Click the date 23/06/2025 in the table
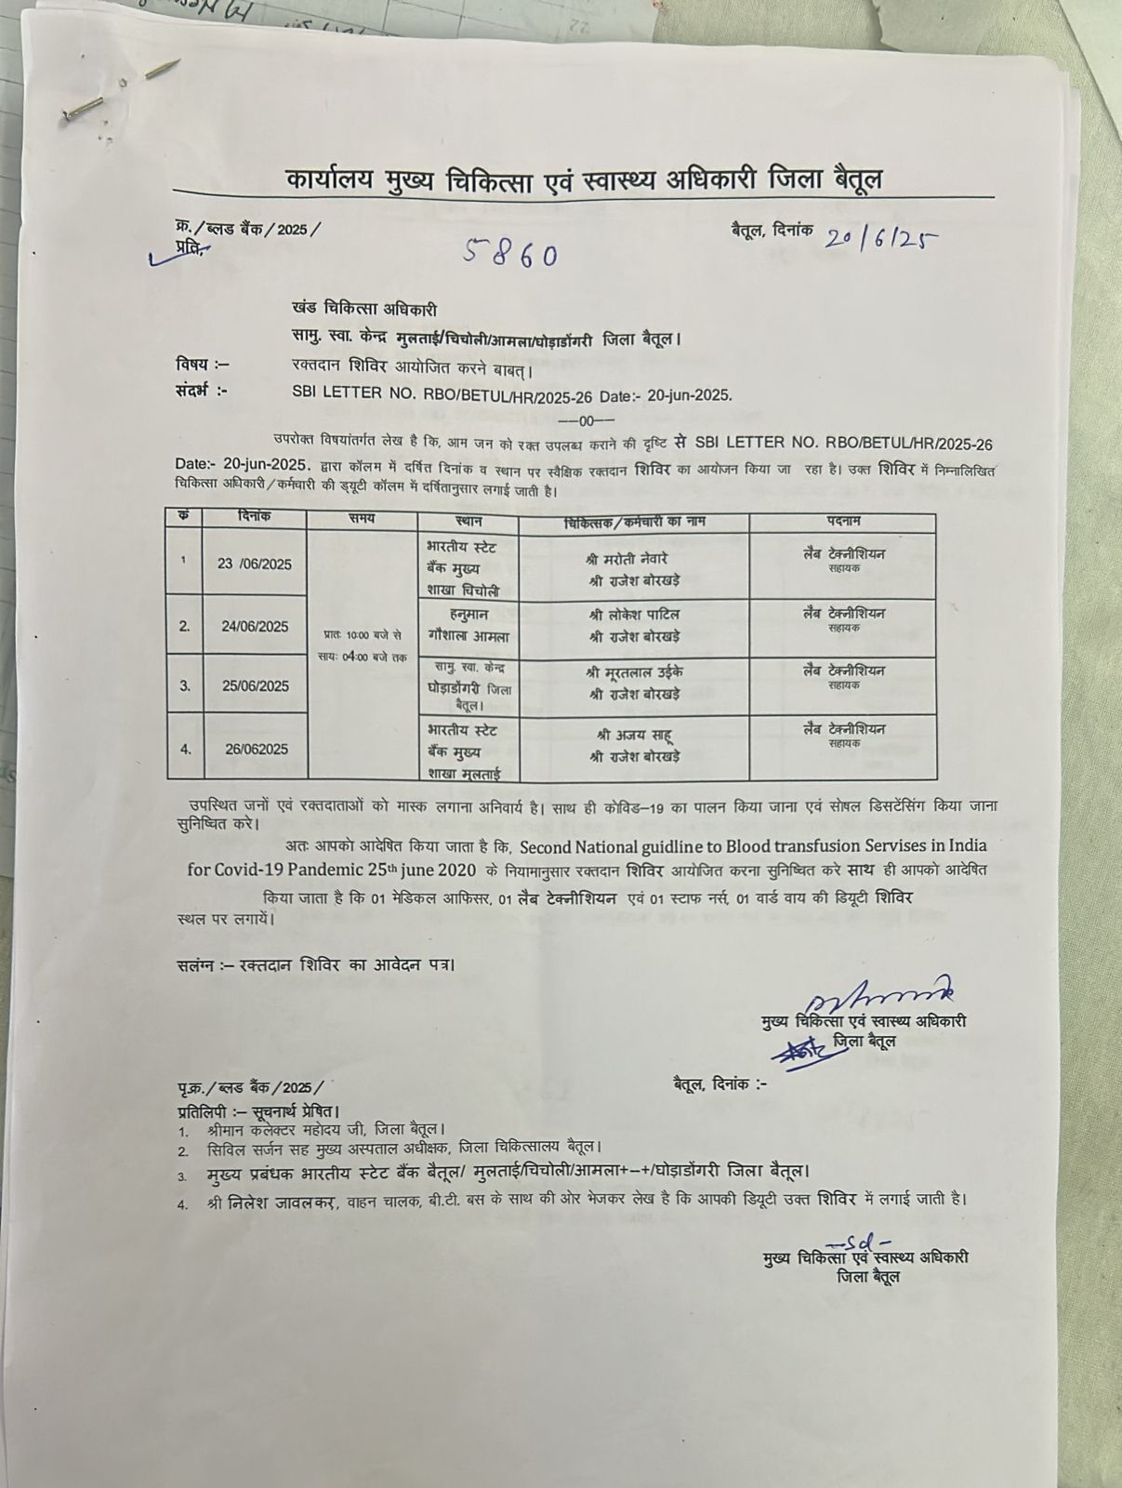click(254, 564)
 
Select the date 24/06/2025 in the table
click(254, 627)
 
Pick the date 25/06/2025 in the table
click(254, 686)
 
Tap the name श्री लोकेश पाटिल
click(633, 615)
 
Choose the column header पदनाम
click(842, 521)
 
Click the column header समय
click(362, 518)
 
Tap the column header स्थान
click(468, 520)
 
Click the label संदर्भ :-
click(202, 392)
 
